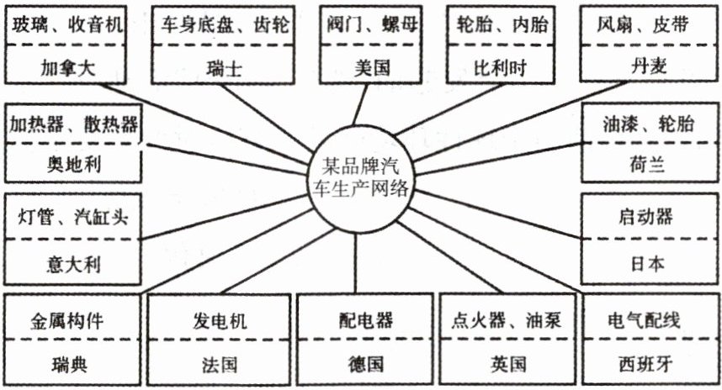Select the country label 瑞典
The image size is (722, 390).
pos(69,364)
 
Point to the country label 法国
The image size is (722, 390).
pos(220,364)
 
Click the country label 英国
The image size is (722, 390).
pos(508,364)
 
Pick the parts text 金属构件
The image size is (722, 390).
pos(69,320)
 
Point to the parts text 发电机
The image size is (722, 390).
pos(220,320)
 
